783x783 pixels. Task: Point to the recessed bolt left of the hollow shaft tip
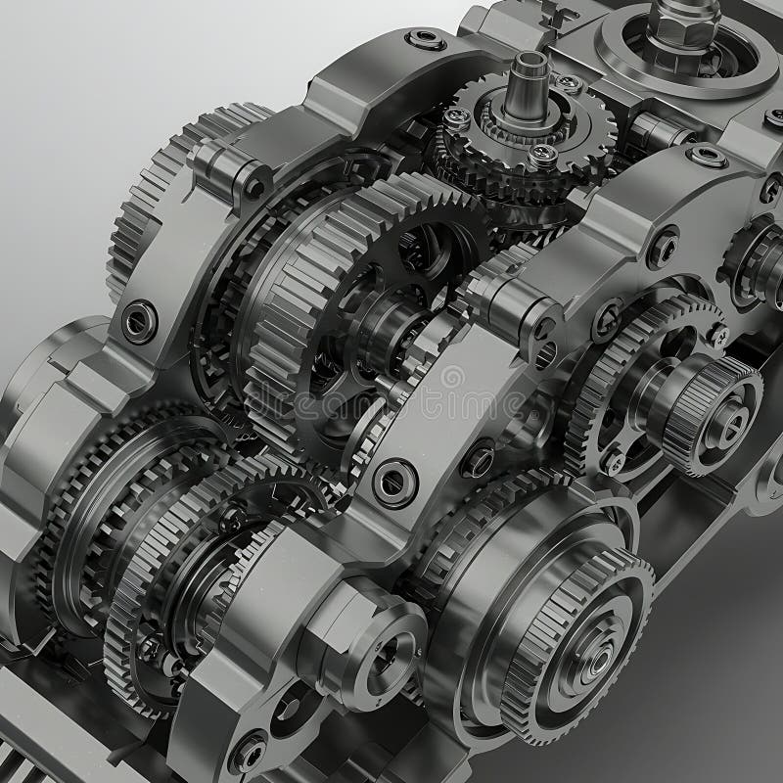point(427,40)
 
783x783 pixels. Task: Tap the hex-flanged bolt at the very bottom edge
point(247,752)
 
